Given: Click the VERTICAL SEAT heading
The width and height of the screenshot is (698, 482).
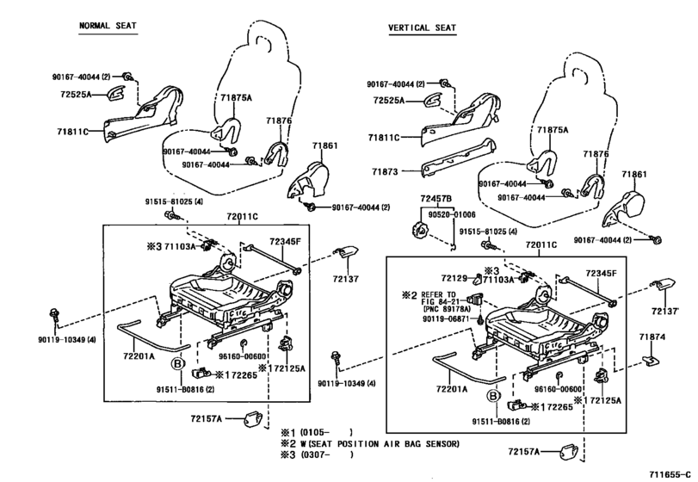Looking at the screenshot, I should click(x=422, y=28).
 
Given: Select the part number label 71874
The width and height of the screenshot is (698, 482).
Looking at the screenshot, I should click(x=652, y=337).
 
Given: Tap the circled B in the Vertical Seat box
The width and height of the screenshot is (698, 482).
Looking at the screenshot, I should click(x=493, y=395).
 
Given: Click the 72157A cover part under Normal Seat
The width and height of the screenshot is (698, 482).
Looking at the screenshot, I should click(x=253, y=419).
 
